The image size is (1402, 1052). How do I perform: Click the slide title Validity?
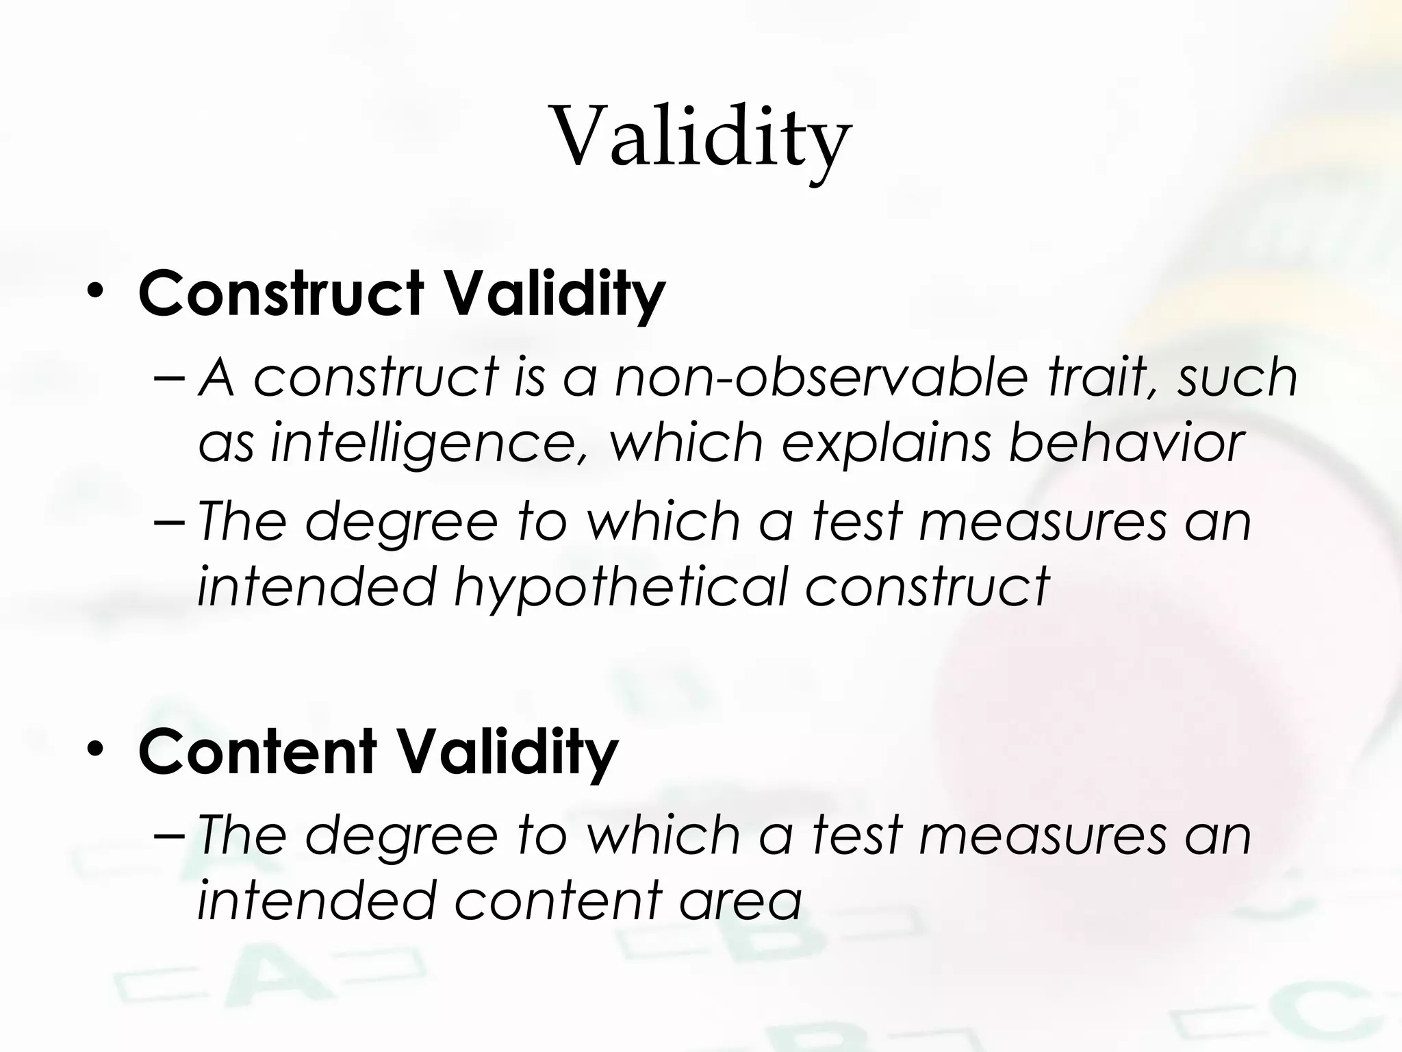[702, 137]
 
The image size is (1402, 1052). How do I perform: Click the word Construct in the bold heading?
[281, 294]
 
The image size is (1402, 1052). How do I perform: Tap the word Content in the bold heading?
[257, 751]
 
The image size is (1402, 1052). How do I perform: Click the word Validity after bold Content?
[508, 752]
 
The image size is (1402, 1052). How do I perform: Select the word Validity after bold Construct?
[555, 295]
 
